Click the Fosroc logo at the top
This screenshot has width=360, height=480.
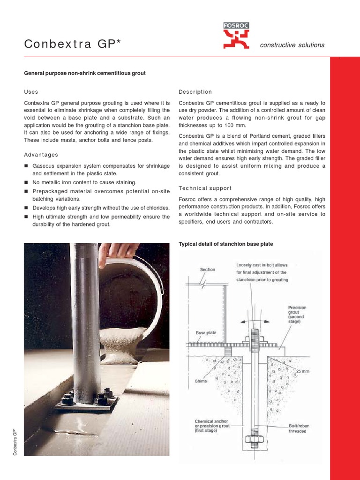[236, 36]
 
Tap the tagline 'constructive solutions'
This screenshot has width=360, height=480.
[292, 45]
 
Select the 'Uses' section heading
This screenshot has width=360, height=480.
[31, 92]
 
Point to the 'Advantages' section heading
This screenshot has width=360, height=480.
[41, 155]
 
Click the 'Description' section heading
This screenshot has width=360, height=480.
[195, 92]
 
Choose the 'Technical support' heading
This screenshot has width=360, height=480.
[205, 188]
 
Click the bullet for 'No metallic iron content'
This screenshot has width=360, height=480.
[27, 182]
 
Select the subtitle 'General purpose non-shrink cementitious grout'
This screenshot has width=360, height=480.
[85, 73]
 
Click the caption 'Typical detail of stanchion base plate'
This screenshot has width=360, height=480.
[226, 244]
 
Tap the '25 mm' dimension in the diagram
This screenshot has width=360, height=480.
[302, 372]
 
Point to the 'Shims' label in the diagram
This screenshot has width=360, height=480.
[201, 381]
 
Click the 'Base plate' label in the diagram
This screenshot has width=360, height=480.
[206, 333]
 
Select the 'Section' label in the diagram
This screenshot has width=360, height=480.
[207, 270]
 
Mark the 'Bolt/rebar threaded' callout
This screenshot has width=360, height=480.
[298, 428]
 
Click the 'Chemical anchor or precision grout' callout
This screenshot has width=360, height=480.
[212, 426]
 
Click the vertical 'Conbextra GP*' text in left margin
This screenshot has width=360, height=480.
[15, 442]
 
